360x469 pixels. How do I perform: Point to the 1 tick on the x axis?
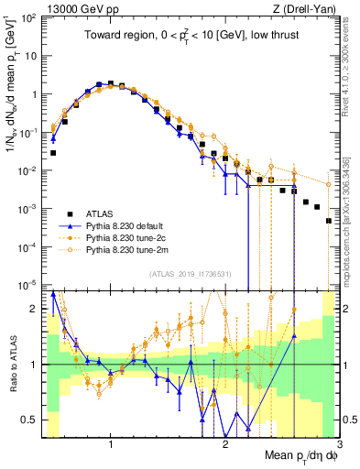[111, 445]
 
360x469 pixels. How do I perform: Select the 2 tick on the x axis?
[225, 445]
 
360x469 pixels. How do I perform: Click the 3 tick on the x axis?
[339, 445]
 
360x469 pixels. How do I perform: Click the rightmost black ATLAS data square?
[329, 221]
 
